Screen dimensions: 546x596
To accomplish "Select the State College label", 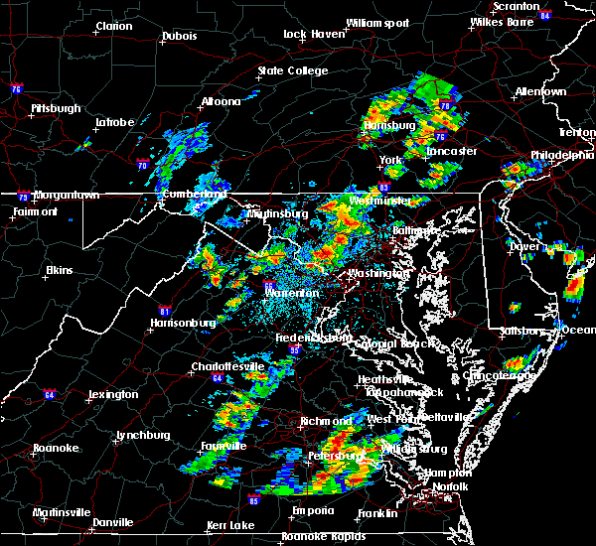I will tap(292, 70).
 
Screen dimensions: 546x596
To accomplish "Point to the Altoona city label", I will tap(222, 101).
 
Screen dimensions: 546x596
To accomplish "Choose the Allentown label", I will tap(540, 91).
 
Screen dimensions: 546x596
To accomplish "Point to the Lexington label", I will tap(112, 394).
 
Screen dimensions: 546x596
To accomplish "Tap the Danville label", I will tap(111, 522).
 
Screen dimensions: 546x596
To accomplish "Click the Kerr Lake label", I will tap(231, 524).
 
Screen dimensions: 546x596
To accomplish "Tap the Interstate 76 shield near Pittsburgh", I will tap(16, 88).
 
